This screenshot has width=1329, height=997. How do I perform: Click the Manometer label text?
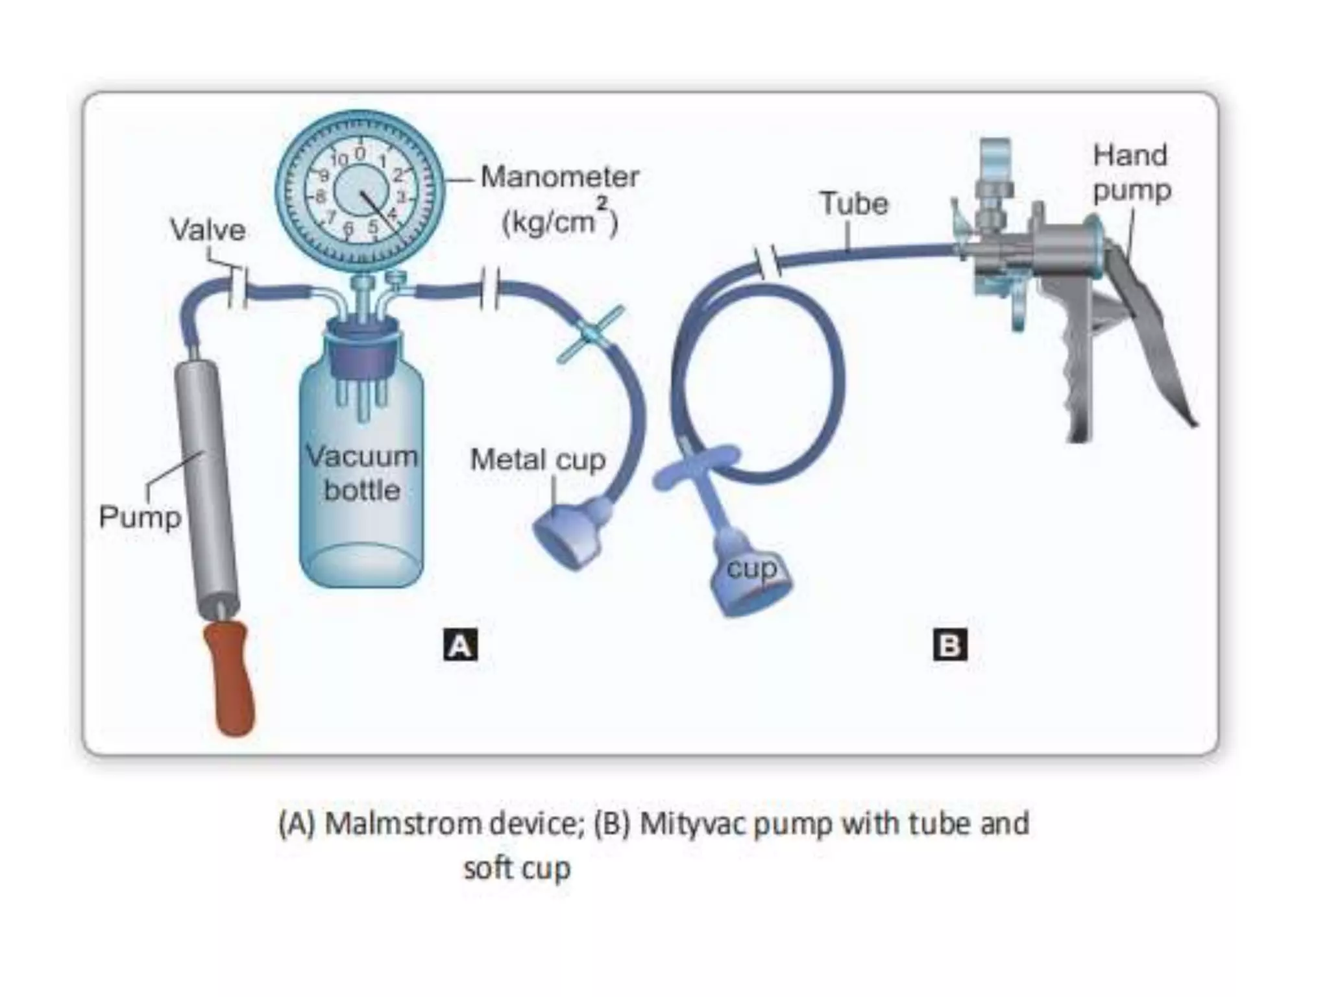(559, 177)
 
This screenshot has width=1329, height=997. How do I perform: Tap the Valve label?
(208, 230)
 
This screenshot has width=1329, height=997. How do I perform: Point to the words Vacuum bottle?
(361, 473)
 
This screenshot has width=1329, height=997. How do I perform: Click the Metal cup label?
(537, 460)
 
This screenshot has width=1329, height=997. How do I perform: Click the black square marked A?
(460, 645)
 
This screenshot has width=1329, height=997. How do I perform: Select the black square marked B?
(949, 645)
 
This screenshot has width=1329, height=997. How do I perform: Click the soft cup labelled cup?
(751, 578)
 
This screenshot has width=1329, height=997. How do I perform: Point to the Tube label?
(853, 203)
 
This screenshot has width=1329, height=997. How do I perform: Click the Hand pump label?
(1131, 173)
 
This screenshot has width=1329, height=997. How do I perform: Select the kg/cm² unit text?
(559, 221)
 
